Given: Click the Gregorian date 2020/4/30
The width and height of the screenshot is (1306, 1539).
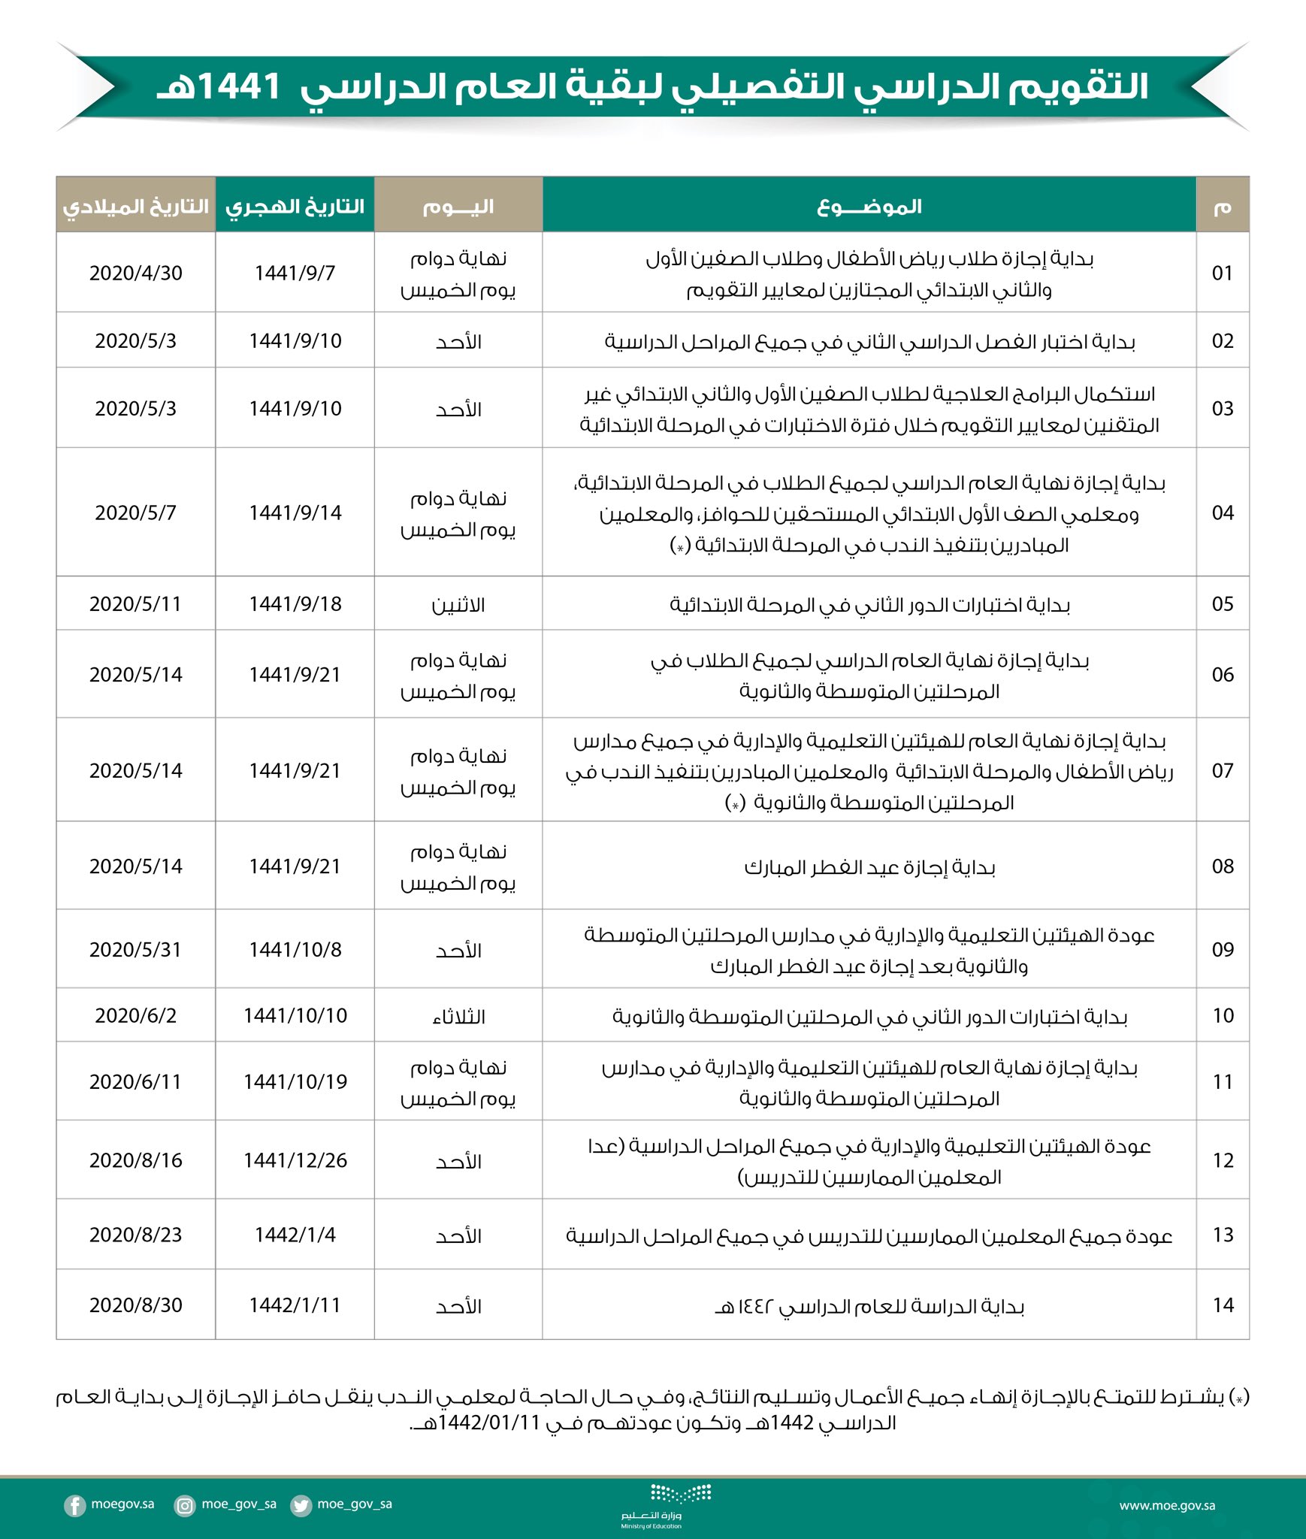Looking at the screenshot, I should (x=136, y=273).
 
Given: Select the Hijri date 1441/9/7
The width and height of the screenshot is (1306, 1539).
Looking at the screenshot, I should (x=295, y=273).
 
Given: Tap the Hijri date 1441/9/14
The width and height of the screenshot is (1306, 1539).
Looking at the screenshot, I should (x=295, y=512).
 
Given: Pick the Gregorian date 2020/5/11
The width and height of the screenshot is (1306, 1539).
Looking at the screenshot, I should (x=136, y=603).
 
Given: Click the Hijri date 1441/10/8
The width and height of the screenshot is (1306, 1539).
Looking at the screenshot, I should (x=295, y=949).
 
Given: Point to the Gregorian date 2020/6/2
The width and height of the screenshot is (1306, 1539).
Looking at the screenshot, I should (x=136, y=1015).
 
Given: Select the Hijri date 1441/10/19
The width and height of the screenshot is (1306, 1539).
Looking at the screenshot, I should (x=295, y=1081).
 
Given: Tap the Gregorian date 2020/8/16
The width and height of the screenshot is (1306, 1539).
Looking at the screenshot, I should (x=136, y=1160).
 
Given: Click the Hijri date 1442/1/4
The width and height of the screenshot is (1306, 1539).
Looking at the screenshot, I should (x=295, y=1235).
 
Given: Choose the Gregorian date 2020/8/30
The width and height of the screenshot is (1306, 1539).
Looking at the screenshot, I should (x=136, y=1305).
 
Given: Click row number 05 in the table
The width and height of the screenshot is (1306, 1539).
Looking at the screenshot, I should (x=1223, y=603).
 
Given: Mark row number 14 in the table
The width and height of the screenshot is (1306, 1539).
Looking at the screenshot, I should (x=1223, y=1305).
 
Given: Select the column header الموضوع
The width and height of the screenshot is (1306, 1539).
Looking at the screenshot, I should (x=869, y=206).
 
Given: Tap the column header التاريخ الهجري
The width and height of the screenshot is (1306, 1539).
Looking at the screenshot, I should (x=295, y=206).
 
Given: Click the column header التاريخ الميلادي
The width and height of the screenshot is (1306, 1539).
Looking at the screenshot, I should (x=136, y=206).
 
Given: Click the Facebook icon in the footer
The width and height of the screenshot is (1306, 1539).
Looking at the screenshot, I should (x=74, y=1505).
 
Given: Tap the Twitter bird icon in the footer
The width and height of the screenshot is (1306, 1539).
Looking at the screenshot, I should (x=301, y=1505).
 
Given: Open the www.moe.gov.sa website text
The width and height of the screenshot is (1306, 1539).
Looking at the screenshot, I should (x=1167, y=1505).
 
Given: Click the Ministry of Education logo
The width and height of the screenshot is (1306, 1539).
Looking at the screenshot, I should (x=651, y=1505).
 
